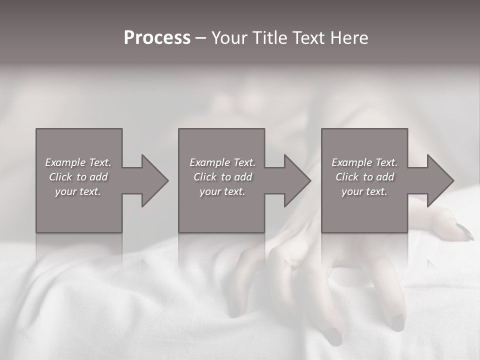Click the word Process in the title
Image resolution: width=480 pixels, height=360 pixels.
point(157,38)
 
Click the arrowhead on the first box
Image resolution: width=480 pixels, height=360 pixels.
point(153,180)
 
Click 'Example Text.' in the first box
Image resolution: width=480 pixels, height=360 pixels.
point(78,162)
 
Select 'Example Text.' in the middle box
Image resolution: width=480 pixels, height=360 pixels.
point(222,162)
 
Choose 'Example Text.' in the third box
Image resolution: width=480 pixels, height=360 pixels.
point(364,162)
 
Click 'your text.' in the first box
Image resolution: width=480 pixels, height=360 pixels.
point(78,191)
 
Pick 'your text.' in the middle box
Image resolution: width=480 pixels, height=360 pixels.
point(222,191)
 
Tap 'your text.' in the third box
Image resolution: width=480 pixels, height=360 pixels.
point(364,191)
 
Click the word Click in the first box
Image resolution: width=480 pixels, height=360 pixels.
point(60,177)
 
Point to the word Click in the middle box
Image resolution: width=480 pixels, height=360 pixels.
point(205,177)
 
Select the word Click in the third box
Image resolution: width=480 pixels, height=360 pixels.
point(347,177)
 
